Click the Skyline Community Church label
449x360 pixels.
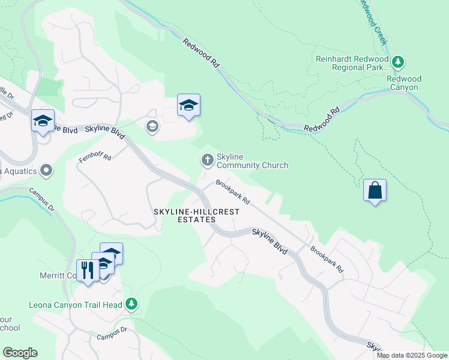252,161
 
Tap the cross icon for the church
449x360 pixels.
206,160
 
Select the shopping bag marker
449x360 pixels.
375,191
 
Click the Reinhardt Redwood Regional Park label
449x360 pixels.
351,63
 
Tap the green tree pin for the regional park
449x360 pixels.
397,62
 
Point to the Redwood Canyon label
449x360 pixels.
404,83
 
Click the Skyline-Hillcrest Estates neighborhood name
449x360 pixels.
196,216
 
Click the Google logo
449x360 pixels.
20,353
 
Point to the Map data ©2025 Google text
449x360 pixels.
412,355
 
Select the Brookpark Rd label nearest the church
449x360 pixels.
233,192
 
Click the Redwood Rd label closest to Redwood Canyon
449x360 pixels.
322,120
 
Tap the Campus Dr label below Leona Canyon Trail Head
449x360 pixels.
112,334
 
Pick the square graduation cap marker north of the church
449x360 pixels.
188,106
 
